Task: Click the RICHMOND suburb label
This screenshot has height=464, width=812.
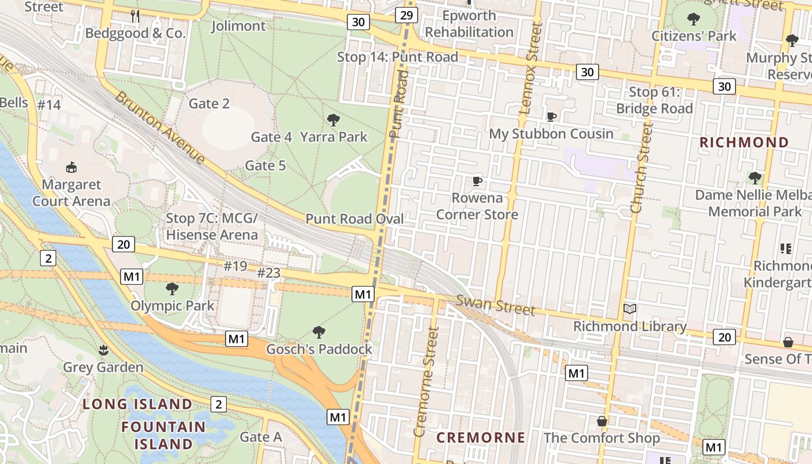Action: [x=744, y=142]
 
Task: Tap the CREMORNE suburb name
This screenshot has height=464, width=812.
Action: [x=480, y=437]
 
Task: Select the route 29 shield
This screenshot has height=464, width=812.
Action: [x=407, y=15]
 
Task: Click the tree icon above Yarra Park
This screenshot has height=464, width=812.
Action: [x=333, y=120]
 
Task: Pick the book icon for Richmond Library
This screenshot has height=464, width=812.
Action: [x=629, y=309]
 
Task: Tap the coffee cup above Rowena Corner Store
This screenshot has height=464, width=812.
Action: [x=477, y=181]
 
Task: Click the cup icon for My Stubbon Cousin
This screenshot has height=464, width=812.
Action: [x=551, y=117]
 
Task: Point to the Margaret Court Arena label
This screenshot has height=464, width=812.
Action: [x=71, y=193]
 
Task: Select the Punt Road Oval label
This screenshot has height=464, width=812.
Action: [x=354, y=219]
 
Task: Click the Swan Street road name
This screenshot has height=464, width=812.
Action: [x=495, y=305]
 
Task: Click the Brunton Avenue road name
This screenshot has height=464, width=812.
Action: [x=159, y=128]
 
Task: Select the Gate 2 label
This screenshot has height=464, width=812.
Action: [x=209, y=104]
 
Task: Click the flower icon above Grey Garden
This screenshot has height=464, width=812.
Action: [x=103, y=350]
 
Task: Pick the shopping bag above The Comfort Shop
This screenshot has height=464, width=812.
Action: [x=602, y=420]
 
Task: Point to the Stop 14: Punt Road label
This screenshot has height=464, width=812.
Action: [x=397, y=57]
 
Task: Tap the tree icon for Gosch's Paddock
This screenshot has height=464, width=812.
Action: [x=318, y=332]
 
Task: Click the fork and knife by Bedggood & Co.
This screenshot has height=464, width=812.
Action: [x=135, y=16]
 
